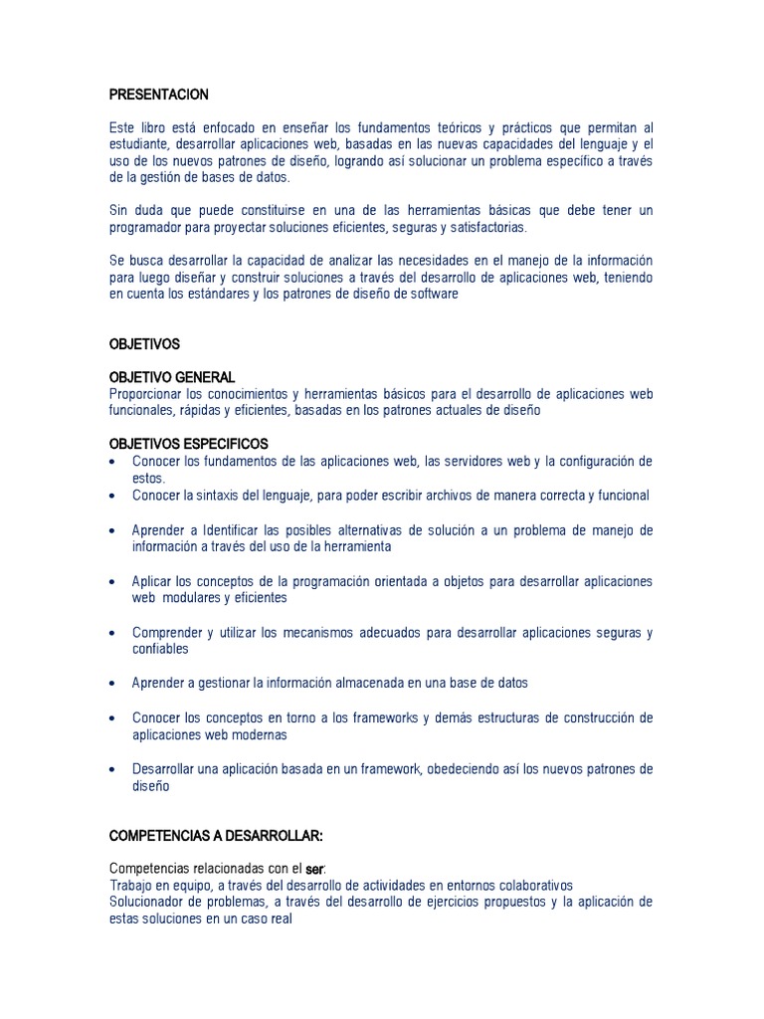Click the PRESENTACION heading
158,95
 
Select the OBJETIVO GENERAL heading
171,377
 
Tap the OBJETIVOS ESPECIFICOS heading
188,444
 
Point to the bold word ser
315,870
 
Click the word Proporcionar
147,394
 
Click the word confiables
160,649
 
